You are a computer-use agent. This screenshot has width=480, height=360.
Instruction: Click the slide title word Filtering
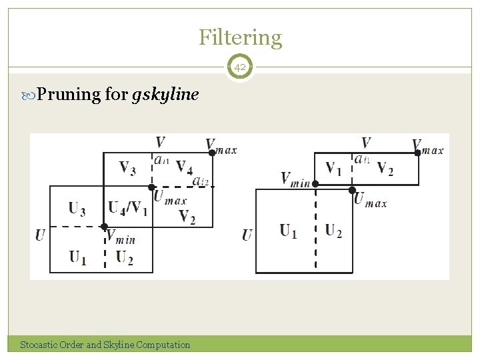coord(240,37)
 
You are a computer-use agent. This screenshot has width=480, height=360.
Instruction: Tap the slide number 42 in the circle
coord(240,67)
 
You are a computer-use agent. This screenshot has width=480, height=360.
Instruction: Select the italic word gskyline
coord(165,95)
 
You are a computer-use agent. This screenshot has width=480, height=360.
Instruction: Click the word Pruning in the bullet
coord(69,95)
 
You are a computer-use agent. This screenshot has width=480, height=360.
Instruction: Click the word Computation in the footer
coord(163,345)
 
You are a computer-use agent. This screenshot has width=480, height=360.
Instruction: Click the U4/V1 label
coord(128,209)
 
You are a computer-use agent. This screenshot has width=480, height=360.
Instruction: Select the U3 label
coord(77,209)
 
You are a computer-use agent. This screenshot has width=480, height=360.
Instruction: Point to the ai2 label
coord(200,181)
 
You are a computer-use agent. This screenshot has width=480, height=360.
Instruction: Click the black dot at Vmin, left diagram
coord(104,227)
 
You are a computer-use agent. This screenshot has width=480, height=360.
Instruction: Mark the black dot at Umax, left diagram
coord(152,187)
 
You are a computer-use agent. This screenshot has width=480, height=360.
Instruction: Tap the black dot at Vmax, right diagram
coord(418,153)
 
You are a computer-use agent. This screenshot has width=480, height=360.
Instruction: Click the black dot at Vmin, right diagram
coord(315,183)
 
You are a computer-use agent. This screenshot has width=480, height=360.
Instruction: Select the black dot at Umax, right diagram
coord(352,191)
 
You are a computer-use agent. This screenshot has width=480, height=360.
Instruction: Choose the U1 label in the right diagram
coord(289,231)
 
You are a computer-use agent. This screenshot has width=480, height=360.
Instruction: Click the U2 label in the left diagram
coord(124,258)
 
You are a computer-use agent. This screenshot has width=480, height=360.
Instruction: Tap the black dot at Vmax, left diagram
coord(212,153)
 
